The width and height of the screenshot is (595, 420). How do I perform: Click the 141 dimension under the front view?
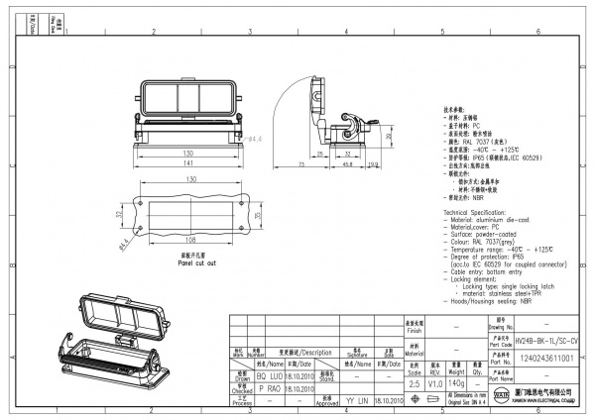click(x=187, y=161)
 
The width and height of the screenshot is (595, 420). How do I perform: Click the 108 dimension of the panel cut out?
click(x=188, y=238)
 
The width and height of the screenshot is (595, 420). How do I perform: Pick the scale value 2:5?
click(x=413, y=381)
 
